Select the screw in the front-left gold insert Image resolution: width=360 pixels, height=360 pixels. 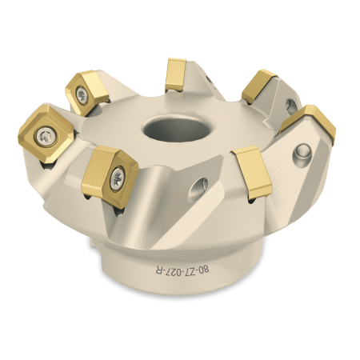(118, 176)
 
